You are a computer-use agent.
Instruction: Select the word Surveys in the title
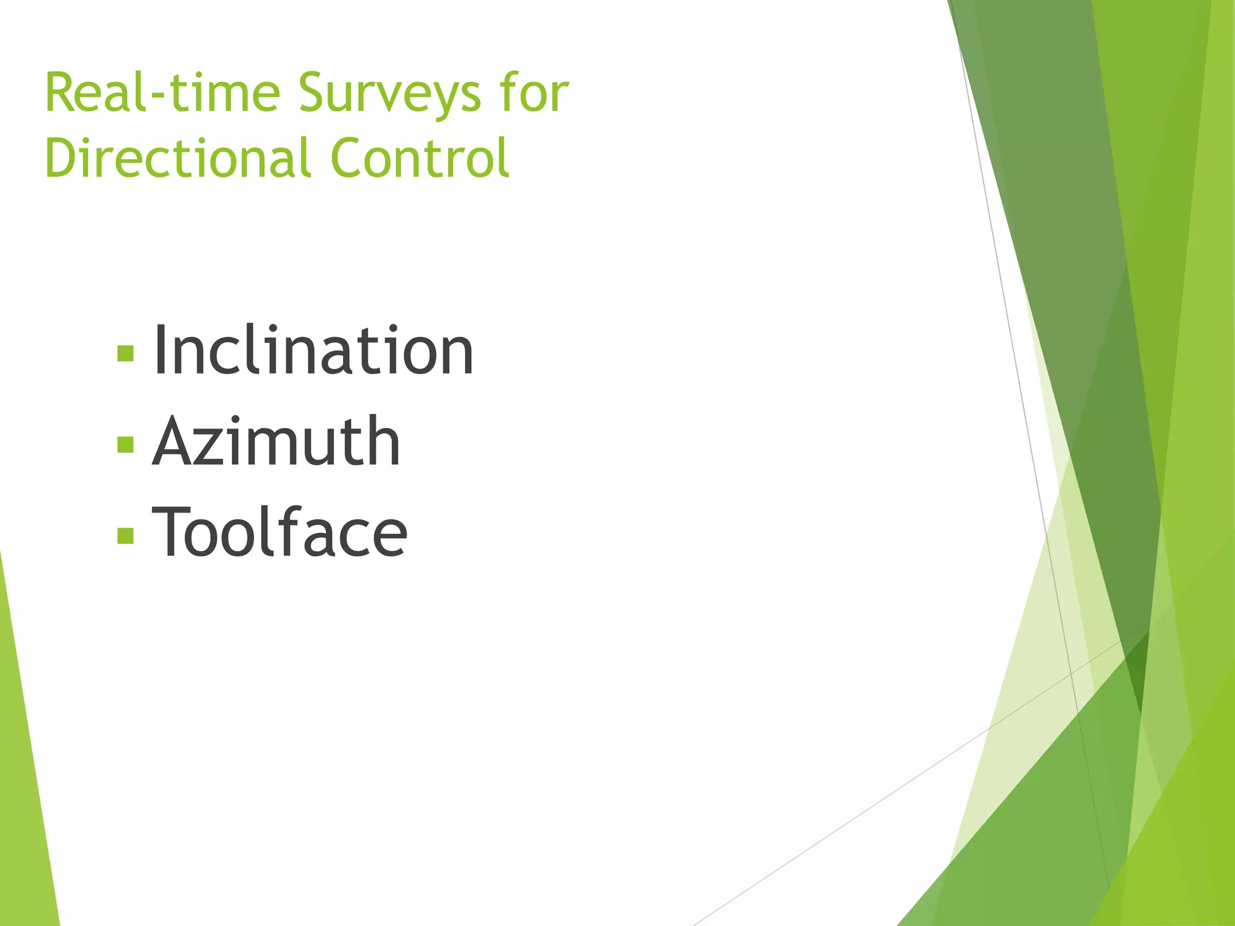point(390,94)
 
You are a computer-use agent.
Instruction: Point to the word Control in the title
point(420,158)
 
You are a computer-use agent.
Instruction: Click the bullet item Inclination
point(313,351)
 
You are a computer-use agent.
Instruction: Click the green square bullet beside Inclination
point(125,353)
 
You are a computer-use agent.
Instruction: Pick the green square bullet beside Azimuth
point(125,444)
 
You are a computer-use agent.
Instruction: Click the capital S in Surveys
point(315,93)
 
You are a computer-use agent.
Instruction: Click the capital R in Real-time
point(62,93)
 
